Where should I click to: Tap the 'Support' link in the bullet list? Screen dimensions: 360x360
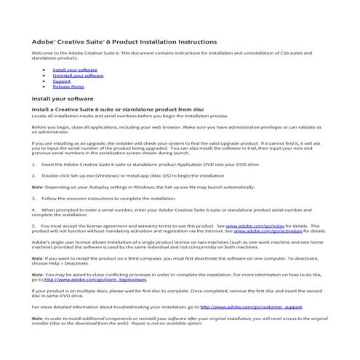tap(62, 81)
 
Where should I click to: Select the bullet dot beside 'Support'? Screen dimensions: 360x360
tap(45, 81)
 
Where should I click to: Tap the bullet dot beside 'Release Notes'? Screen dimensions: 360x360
tap(45, 87)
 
